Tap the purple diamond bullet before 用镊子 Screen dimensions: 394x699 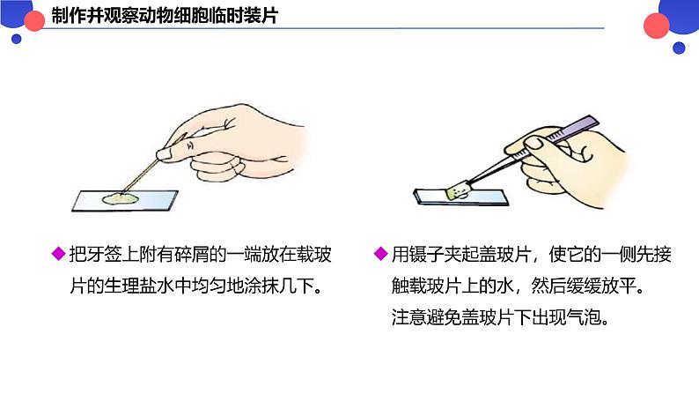point(380,254)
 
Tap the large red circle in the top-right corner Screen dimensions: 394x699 point(656,26)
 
